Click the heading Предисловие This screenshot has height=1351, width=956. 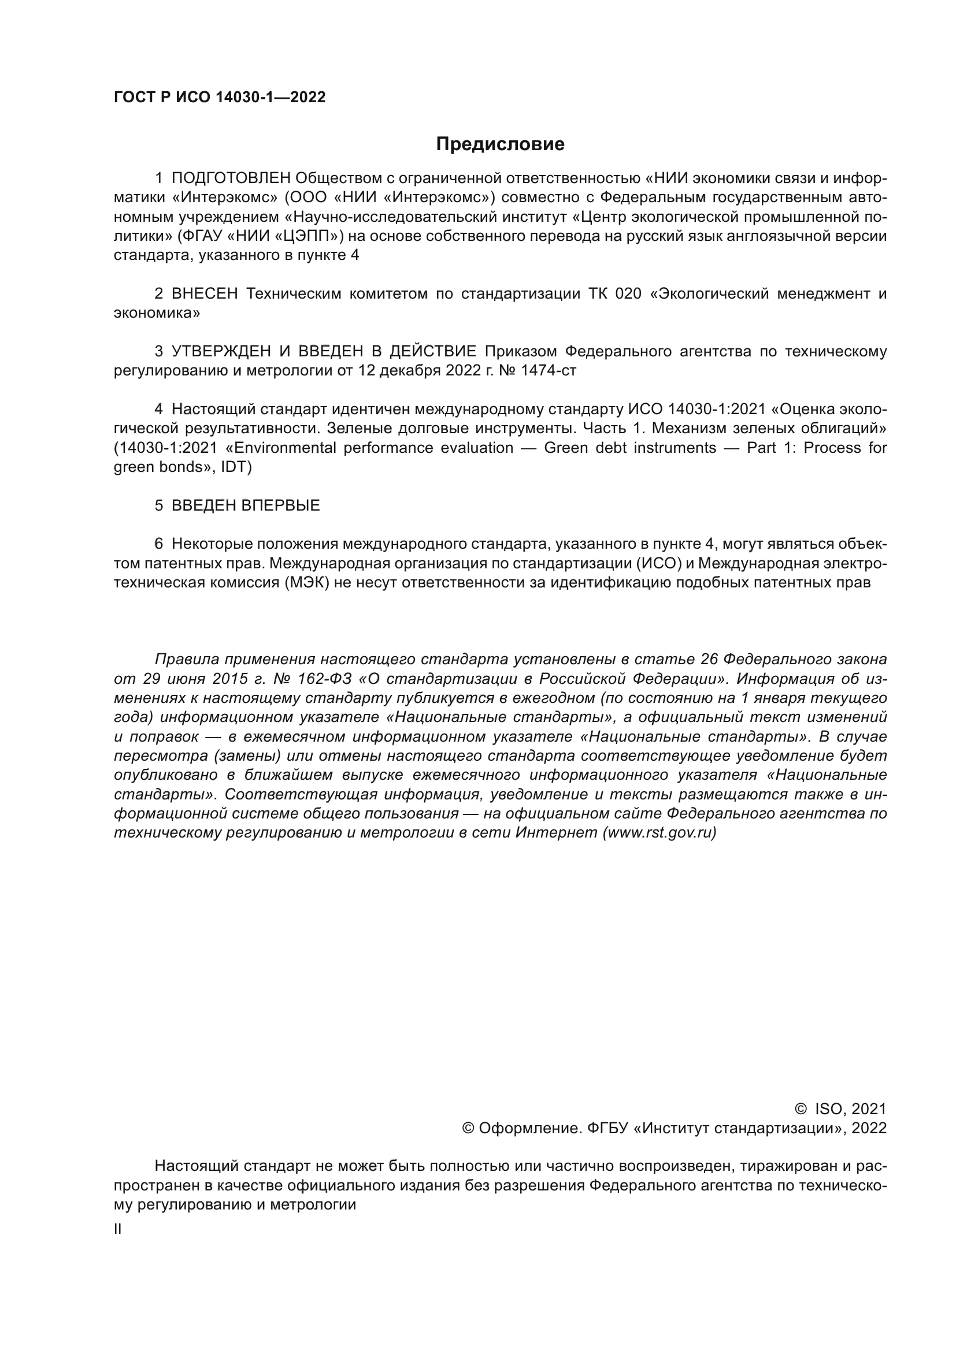[500, 144]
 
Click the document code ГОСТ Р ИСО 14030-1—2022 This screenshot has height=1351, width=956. [220, 98]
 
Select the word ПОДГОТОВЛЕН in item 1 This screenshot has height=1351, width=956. [231, 178]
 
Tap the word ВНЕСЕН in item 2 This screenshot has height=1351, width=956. [204, 293]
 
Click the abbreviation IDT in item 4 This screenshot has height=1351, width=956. [235, 467]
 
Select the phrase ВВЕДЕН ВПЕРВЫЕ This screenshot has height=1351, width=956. [246, 505]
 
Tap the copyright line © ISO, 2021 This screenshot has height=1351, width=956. [840, 1109]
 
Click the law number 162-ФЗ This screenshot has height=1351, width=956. [325, 679]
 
